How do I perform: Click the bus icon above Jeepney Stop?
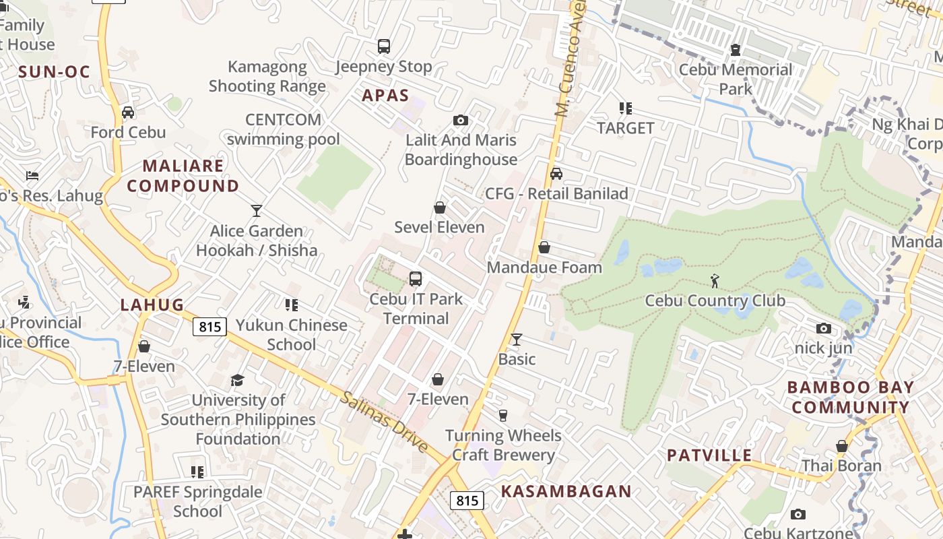(x=384, y=46)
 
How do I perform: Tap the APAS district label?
(x=385, y=95)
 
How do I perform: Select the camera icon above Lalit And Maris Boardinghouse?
(x=461, y=121)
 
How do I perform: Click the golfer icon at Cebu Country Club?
(x=715, y=280)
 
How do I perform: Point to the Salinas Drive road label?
(x=385, y=422)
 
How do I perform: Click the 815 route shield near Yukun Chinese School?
(x=209, y=327)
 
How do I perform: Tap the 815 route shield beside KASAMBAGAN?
(x=467, y=501)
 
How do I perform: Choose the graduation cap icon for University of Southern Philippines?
(x=237, y=381)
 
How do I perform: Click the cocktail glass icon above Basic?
(x=517, y=339)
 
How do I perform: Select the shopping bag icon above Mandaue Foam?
(x=544, y=248)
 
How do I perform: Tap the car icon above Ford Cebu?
(x=128, y=113)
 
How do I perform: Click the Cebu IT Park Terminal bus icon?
(x=416, y=278)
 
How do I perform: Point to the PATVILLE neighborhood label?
(x=709, y=455)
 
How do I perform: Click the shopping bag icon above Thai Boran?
(x=841, y=446)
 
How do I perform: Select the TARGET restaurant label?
(x=626, y=128)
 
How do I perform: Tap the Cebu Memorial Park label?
(x=736, y=79)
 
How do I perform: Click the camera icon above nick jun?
(x=823, y=329)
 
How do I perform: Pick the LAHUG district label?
(x=152, y=305)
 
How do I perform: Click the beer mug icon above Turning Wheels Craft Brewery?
(x=502, y=415)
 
